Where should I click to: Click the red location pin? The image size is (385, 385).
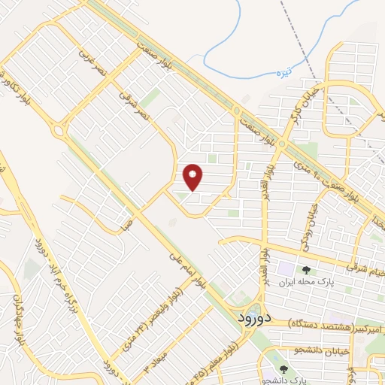193,177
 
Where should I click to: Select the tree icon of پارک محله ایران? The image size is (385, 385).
306,269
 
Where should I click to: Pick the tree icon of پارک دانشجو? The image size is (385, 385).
283,369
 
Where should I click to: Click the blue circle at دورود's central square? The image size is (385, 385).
256,310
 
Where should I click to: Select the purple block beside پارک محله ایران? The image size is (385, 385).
286,267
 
